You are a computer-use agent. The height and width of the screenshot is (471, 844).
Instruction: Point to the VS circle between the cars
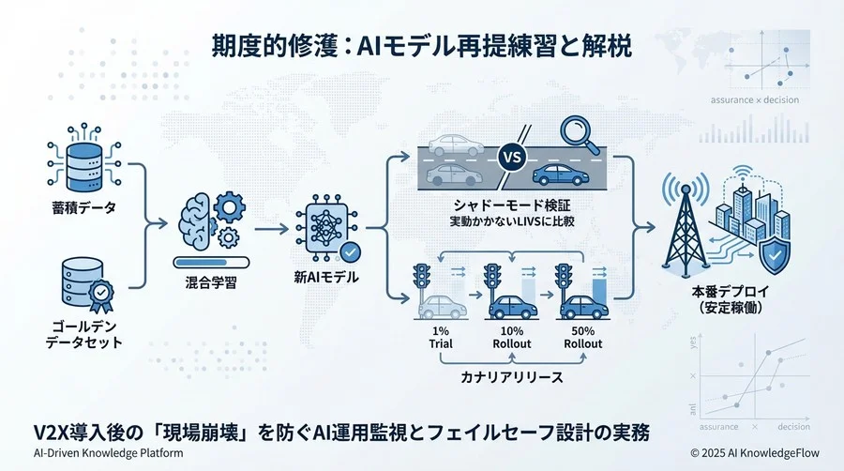pos(512,158)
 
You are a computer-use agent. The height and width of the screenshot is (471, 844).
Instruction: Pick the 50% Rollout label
pos(581,336)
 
